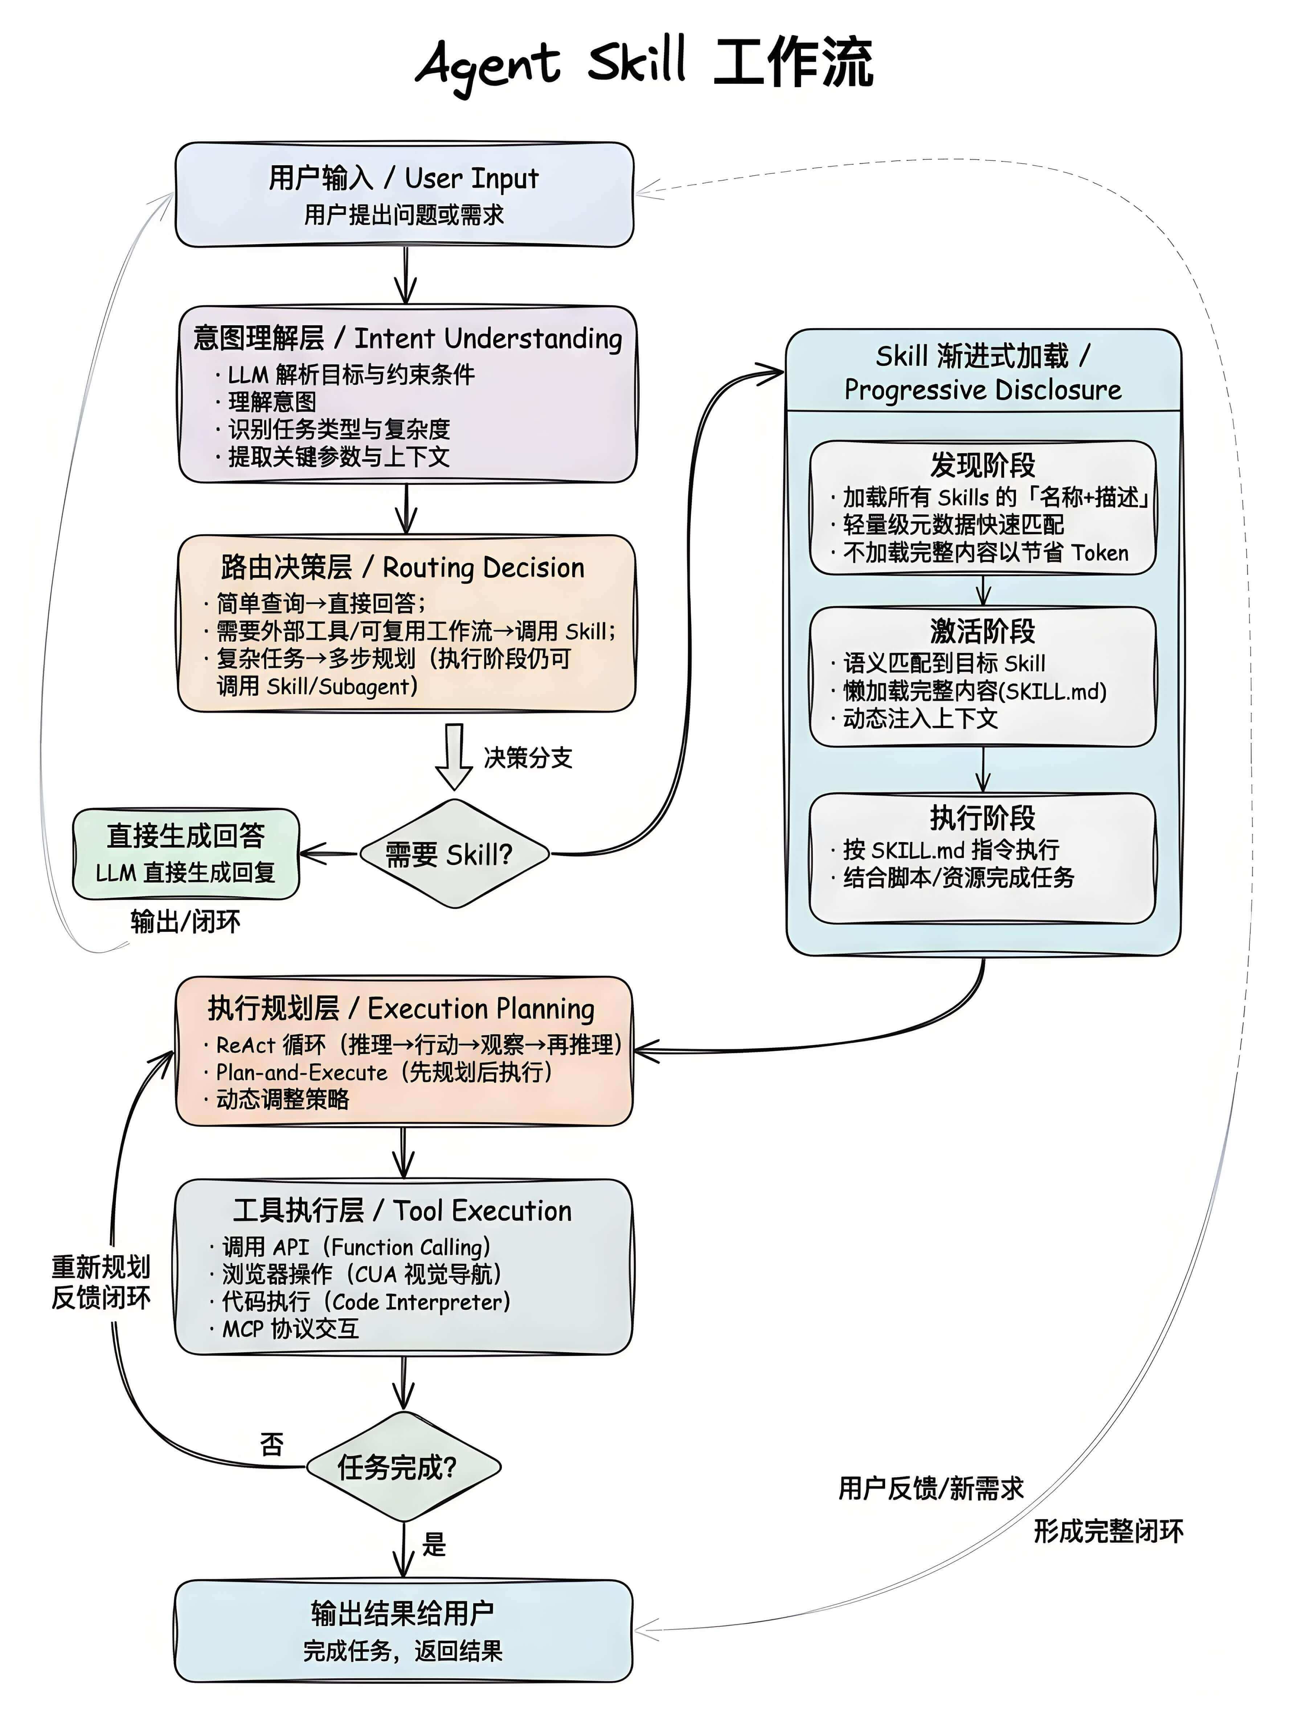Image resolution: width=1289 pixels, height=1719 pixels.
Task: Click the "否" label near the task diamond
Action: coord(272,1444)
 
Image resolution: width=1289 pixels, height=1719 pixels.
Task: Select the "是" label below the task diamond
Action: coord(434,1543)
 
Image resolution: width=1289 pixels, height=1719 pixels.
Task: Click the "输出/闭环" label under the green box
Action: coord(185,922)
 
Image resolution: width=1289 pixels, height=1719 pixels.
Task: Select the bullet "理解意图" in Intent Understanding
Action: coord(272,402)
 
